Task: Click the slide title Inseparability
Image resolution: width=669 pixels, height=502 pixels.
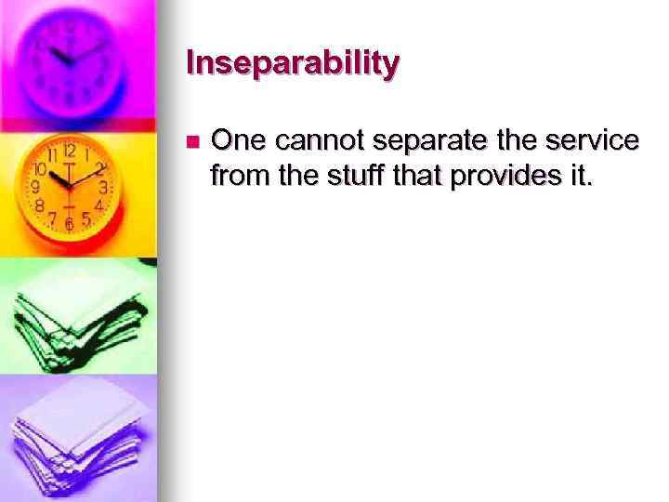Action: coord(293,63)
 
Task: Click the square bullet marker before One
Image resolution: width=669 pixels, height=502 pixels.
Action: coord(191,142)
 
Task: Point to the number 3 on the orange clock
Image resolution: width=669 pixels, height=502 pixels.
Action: coord(104,187)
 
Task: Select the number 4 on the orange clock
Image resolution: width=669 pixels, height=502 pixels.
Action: coord(98,204)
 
